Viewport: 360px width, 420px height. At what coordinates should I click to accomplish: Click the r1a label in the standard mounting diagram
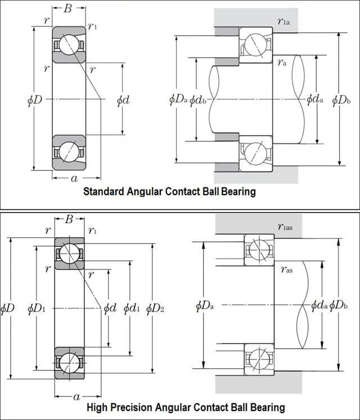coord(284,22)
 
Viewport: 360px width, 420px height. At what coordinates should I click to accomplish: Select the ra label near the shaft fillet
coord(282,63)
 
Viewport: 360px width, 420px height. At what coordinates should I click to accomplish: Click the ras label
coord(286,269)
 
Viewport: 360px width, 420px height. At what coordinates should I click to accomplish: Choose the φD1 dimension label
coord(35,308)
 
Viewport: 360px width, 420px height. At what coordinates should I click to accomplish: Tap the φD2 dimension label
coord(155,308)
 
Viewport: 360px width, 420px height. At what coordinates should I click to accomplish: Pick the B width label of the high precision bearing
coord(69,219)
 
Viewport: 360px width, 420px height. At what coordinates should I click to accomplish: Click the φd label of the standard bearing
coord(123,100)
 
